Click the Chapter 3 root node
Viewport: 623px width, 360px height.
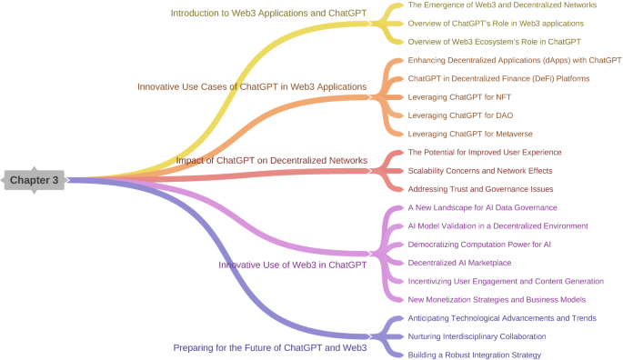coord(34,180)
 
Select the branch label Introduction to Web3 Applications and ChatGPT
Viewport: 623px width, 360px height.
coord(268,13)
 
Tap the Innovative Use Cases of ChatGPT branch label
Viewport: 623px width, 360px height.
coord(252,86)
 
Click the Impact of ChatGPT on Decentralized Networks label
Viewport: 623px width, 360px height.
coord(271,161)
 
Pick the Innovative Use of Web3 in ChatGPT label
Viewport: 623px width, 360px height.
coord(292,265)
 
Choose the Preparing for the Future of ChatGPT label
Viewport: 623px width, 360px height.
coord(269,347)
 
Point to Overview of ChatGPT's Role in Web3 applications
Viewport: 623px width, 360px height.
coord(496,23)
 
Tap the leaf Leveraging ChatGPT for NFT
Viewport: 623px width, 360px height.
coord(459,96)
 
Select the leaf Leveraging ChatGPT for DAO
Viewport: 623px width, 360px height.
coord(460,115)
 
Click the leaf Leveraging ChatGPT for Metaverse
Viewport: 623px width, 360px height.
coord(469,134)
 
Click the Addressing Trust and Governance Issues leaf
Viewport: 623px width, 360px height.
coord(480,189)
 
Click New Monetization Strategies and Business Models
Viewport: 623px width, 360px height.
coord(497,299)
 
